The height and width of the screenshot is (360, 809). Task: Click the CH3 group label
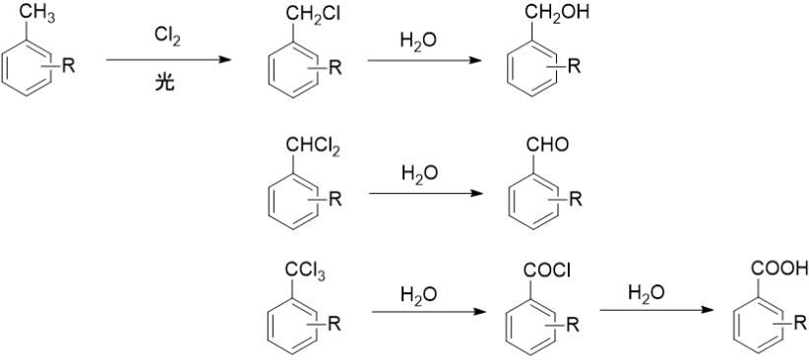pos(38,15)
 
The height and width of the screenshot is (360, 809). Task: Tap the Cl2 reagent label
pos(167,36)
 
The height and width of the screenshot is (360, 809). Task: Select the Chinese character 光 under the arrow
pos(165,83)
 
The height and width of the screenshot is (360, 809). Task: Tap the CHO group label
pos(548,145)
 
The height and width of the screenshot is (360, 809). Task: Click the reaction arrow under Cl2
pos(168,60)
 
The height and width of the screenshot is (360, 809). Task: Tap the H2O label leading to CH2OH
pos(418,41)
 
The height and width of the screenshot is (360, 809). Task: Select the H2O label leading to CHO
pos(419,174)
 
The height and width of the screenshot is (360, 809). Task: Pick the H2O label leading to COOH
pos(647,293)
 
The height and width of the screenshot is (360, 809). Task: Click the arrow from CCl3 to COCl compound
pos(429,312)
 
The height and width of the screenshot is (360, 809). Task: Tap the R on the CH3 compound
pos(68,66)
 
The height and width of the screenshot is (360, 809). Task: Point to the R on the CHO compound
pos(576,200)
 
